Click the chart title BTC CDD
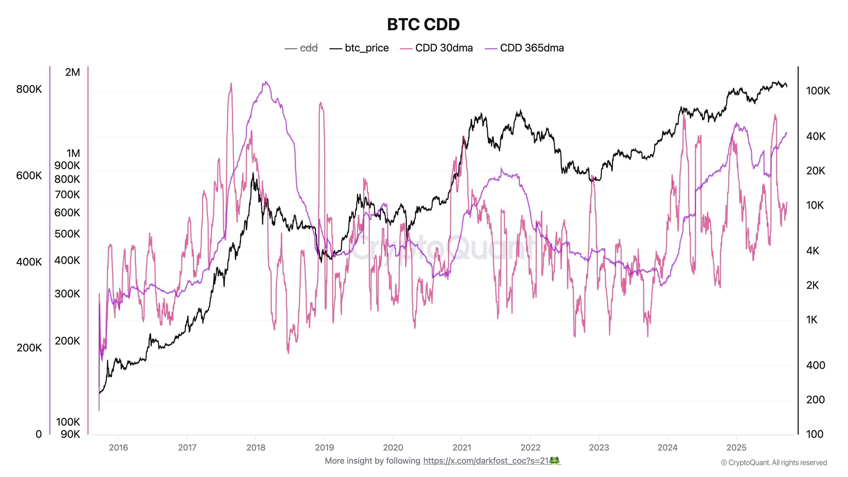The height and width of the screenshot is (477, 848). pos(423,24)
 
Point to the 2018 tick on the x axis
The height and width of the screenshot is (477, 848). pos(256,447)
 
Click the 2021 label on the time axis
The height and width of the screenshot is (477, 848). pos(462,447)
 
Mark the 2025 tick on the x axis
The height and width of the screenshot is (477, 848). pos(736,447)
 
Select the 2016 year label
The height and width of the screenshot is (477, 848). pos(119,447)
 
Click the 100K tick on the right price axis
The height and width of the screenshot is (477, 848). pos(818,91)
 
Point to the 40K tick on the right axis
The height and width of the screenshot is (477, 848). pos(816,136)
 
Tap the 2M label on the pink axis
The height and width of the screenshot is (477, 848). pos(73,72)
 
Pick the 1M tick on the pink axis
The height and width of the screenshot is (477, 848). pos(73,153)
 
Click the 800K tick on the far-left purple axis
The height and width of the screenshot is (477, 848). pos(29,89)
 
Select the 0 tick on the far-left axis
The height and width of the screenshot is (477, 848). pos(39,434)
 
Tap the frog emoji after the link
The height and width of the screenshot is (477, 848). pos(555,460)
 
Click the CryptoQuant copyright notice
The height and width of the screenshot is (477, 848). pos(774,463)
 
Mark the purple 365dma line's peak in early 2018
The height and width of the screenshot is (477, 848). pos(266,82)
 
